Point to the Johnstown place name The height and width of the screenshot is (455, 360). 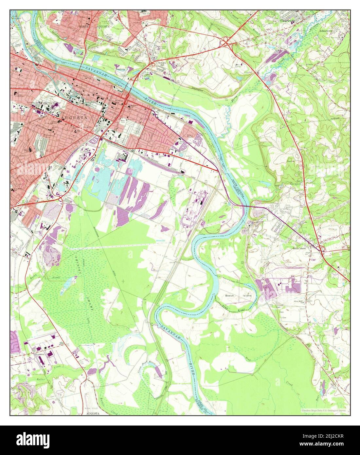pyautogui.click(x=327, y=30)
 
